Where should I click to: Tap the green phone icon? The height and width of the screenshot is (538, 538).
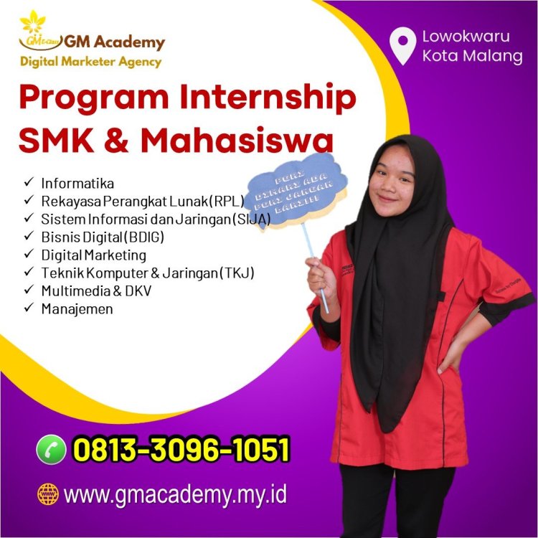click(50, 450)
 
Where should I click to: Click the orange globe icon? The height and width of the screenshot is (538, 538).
click(47, 494)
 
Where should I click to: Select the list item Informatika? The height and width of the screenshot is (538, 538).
click(77, 183)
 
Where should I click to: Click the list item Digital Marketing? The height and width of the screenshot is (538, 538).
click(94, 255)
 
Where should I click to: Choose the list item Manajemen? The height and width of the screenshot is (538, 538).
click(77, 308)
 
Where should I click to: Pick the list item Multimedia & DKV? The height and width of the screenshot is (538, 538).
click(96, 291)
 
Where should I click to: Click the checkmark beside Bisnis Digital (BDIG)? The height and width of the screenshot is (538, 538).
click(29, 237)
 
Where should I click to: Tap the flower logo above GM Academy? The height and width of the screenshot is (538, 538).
click(32, 22)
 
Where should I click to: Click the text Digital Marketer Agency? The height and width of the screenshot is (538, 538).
click(90, 61)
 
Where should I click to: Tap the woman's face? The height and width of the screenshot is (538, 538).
click(391, 179)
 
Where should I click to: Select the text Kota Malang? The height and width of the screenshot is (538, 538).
click(472, 56)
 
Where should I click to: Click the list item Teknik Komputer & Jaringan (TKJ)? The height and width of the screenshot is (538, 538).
click(148, 273)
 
